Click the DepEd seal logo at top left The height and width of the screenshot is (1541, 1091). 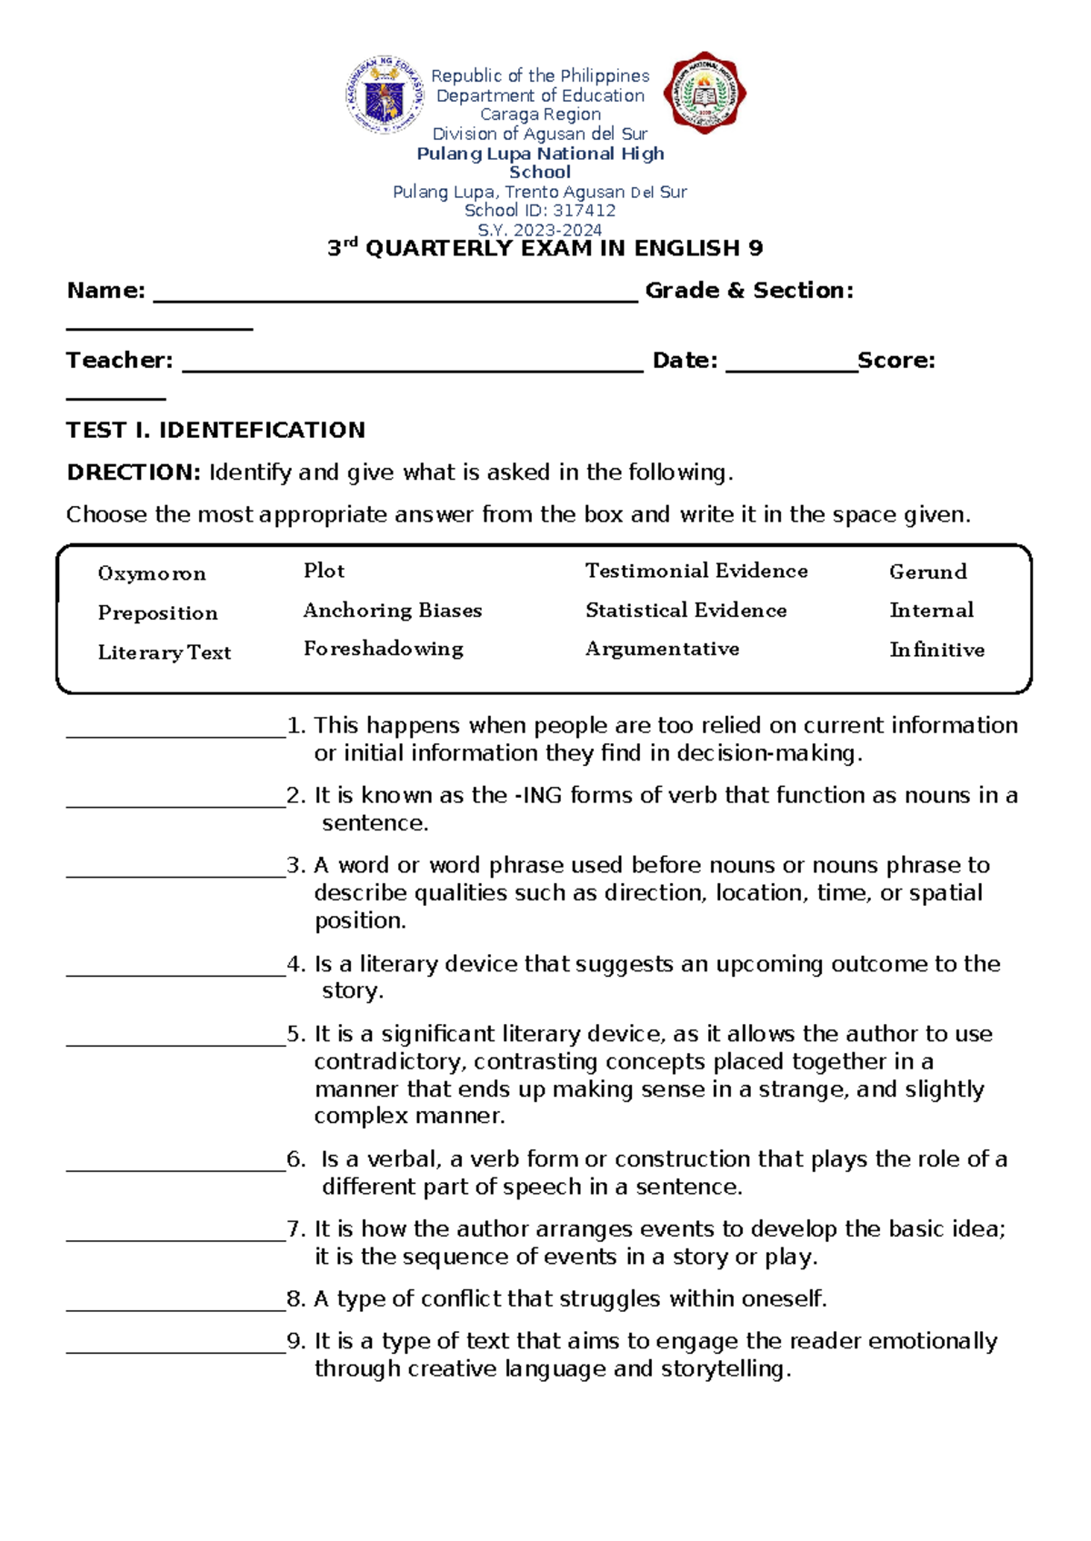pos(385,95)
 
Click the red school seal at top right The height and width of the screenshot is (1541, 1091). pos(705,93)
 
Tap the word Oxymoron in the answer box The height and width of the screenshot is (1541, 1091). pos(152,573)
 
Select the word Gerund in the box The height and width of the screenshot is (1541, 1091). pos(927,572)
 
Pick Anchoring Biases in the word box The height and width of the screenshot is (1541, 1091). pos(393,611)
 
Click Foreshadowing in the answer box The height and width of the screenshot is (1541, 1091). pos(383,649)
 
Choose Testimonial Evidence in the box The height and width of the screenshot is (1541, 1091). pos(696,571)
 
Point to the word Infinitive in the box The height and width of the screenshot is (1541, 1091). pos(936,650)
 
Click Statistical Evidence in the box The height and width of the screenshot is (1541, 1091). pos(686,611)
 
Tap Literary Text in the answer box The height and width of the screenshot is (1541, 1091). pos(165,652)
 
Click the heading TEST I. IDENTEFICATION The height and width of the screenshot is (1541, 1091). pos(215,430)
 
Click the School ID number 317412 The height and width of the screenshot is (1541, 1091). pos(584,211)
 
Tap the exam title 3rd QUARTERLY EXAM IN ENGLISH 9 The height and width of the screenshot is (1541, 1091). pos(545,248)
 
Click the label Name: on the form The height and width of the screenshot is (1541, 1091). pos(105,291)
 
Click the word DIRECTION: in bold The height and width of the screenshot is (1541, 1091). pos(133,472)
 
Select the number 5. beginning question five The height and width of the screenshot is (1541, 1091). pos(296,1034)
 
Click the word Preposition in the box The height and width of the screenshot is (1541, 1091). pos(157,613)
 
